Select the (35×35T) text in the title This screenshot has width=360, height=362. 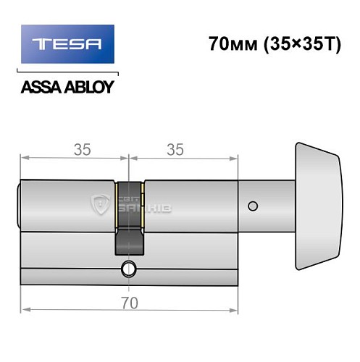click(296, 43)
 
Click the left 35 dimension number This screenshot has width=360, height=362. click(82, 151)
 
